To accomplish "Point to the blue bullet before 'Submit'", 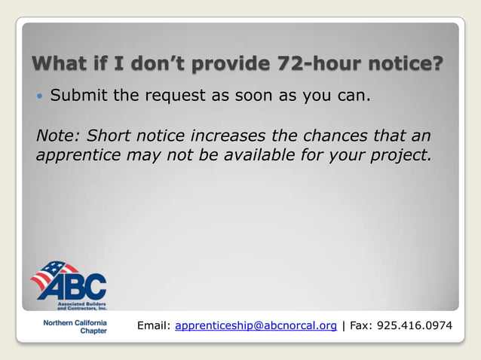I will [41, 96].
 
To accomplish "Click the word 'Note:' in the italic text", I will [58, 136].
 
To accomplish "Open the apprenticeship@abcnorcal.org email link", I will [256, 326].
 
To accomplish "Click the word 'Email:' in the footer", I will [154, 326].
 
